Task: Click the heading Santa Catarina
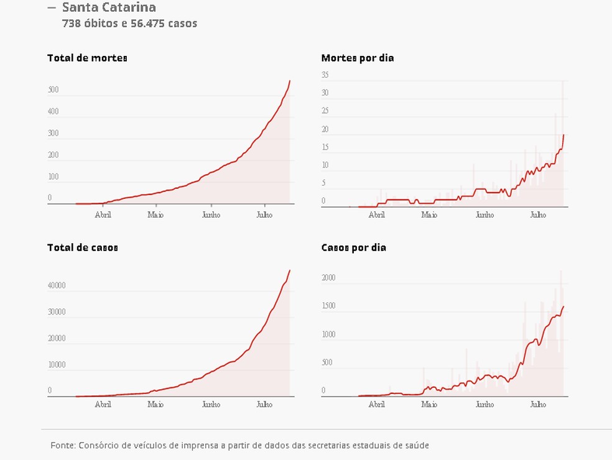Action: point(109,8)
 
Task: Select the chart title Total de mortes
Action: point(87,58)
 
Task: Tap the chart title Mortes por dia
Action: point(357,58)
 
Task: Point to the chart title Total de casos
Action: point(82,247)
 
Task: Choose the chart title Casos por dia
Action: point(353,247)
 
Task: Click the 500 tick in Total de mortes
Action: point(53,90)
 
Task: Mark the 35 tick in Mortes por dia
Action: point(325,75)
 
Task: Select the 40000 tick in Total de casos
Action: point(57,286)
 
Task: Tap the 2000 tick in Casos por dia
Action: point(328,278)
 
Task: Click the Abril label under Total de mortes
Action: point(103,215)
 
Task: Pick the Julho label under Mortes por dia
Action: point(538,215)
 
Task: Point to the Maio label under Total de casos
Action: point(155,405)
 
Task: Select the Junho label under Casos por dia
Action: point(484,405)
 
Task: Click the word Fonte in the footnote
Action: point(63,446)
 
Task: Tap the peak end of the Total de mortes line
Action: point(290,81)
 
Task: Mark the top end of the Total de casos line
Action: point(290,270)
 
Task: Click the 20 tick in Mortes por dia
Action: point(325,129)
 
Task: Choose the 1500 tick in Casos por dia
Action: point(328,306)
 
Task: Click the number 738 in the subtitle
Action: point(72,24)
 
